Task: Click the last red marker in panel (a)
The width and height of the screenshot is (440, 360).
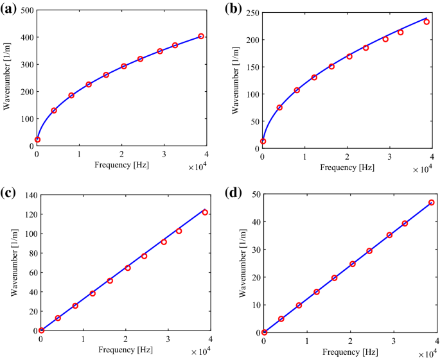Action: point(201,37)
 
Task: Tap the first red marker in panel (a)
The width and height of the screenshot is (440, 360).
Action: point(37,139)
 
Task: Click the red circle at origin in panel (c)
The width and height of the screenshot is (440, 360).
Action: point(41,330)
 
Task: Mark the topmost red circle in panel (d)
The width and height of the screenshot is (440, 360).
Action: point(431,203)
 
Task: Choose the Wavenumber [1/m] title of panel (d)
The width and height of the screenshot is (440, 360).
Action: point(242,263)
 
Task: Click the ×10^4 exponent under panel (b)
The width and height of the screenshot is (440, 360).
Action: point(421,169)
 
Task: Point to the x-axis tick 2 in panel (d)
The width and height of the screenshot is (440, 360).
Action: point(349,341)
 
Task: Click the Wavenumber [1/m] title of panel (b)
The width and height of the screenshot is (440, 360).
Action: point(240,80)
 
